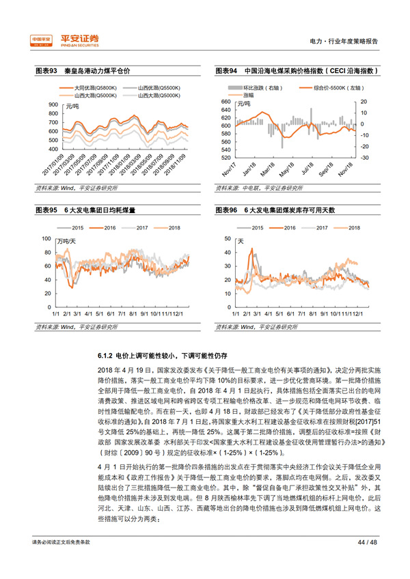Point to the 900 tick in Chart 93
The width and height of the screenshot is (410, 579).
pyautogui.click(x=54, y=104)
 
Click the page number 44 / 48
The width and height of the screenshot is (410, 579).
pyautogui.click(x=367, y=561)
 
